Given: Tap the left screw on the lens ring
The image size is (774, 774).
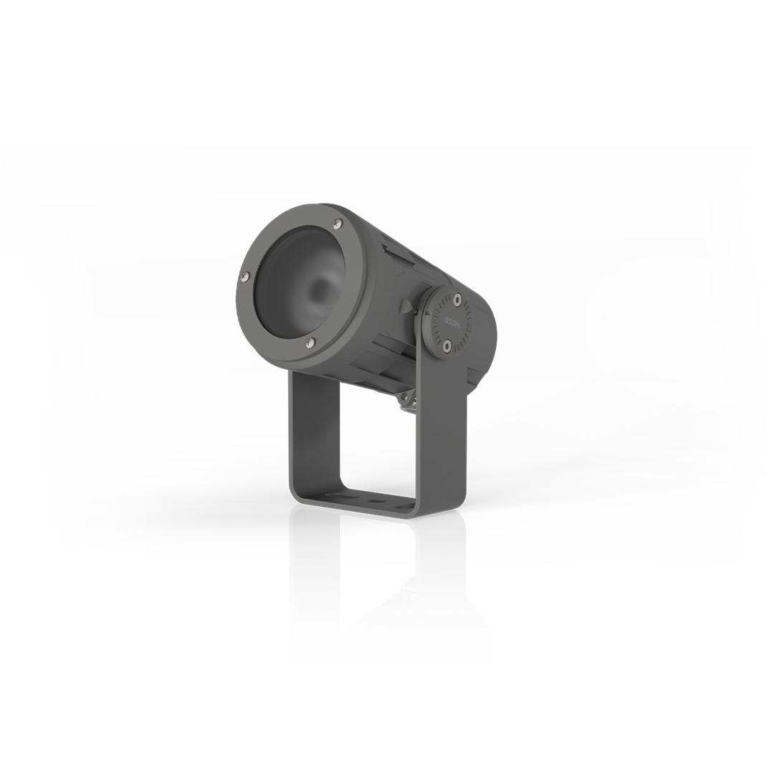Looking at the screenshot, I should click(244, 274).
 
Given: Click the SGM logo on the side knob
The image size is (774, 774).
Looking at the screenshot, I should click(451, 323).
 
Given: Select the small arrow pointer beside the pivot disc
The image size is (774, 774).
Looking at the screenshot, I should click(414, 310).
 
